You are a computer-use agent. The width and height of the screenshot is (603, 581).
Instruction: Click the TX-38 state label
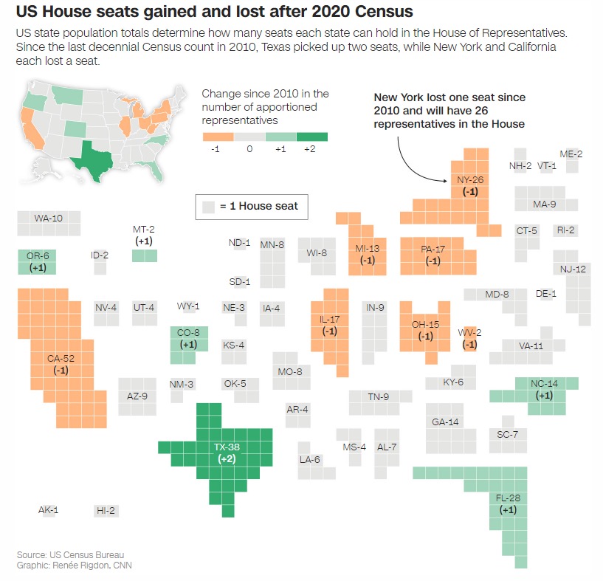pos(227,447)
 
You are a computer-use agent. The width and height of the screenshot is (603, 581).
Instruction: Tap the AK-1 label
pos(48,510)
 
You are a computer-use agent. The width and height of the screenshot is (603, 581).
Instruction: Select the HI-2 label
pos(106,510)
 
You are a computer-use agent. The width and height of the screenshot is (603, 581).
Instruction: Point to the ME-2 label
pos(571,154)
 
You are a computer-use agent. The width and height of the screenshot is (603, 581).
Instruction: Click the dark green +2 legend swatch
pos(311,137)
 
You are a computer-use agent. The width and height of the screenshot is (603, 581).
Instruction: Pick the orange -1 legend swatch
pos(218,137)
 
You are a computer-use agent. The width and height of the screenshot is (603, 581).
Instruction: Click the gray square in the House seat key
pos(209,207)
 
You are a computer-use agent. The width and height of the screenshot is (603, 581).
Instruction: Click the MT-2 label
pos(143,230)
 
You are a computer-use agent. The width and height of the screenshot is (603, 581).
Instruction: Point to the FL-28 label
pos(509,498)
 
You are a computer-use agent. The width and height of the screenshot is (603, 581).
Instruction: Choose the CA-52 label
pos(61,359)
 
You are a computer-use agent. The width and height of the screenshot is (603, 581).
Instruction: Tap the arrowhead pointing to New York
pos(448,179)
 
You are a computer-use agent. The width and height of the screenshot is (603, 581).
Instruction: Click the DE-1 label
pos(546,293)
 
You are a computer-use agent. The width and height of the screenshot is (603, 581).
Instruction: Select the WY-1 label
pos(188,306)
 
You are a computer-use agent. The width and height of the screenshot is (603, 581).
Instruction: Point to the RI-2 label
pos(566,230)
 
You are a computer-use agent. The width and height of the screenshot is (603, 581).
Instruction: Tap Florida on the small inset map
pos(156,172)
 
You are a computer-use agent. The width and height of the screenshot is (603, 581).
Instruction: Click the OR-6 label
pos(38,255)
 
